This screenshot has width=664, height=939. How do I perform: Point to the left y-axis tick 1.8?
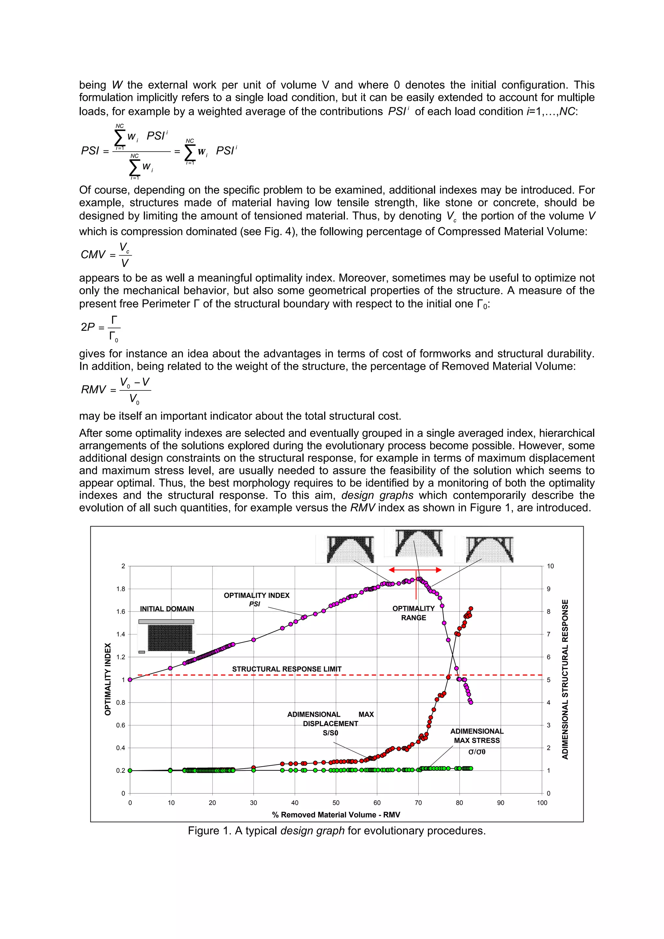tap(120, 589)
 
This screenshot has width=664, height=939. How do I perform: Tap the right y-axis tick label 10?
tap(550, 566)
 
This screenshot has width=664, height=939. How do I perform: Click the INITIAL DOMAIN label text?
tap(167, 609)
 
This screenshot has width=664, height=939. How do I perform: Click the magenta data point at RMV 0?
tap(130, 680)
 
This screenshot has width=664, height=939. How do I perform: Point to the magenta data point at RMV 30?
tap(254, 640)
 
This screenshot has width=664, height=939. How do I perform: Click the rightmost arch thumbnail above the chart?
tap(489, 549)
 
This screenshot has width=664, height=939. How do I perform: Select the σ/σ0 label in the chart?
tap(477, 752)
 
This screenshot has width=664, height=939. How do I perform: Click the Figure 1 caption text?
tap(336, 831)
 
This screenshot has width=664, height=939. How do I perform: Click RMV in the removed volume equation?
tap(93, 389)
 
